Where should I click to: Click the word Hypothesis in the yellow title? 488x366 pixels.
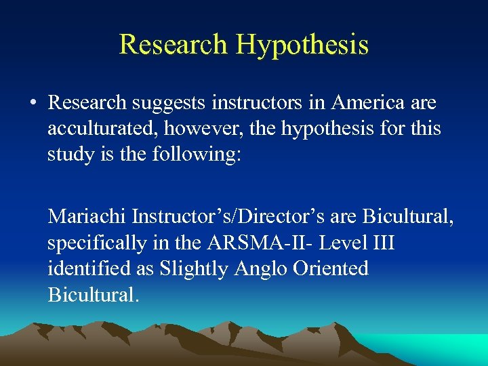302,45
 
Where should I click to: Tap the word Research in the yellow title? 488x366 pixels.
173,45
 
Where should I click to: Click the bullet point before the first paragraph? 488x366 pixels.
33,104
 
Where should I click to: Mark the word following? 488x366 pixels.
197,154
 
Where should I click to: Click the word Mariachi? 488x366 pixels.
87,217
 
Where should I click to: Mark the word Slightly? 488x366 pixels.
195,268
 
